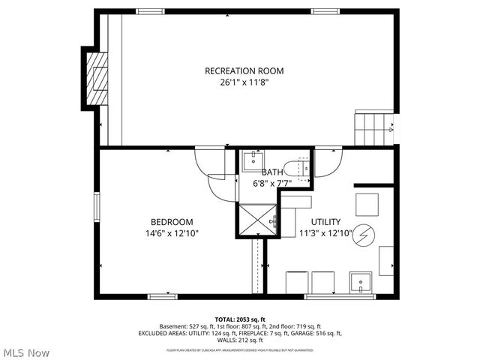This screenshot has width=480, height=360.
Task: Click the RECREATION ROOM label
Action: pyautogui.click(x=244, y=71)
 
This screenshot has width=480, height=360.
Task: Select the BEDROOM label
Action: pyautogui.click(x=172, y=222)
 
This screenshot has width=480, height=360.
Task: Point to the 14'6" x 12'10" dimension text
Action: pyautogui.click(x=172, y=233)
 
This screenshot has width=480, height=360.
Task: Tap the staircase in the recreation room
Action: pyautogui.click(x=373, y=129)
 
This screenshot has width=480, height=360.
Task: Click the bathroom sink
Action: pyautogui.click(x=253, y=160)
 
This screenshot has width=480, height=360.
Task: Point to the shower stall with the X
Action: pyautogui.click(x=258, y=220)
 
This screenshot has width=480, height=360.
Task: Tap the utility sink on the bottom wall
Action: pyautogui.click(x=361, y=283)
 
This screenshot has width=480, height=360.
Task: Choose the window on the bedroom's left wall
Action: pyautogui.click(x=97, y=205)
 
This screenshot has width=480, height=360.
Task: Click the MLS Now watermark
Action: pyautogui.click(x=26, y=352)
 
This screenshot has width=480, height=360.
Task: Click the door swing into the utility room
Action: pyautogui.click(x=328, y=162)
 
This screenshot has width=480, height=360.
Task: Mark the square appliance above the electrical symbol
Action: pyautogui.click(x=367, y=205)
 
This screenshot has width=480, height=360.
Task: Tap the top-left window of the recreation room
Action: pyautogui.click(x=151, y=11)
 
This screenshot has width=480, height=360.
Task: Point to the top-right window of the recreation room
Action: pyautogui.click(x=324, y=11)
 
